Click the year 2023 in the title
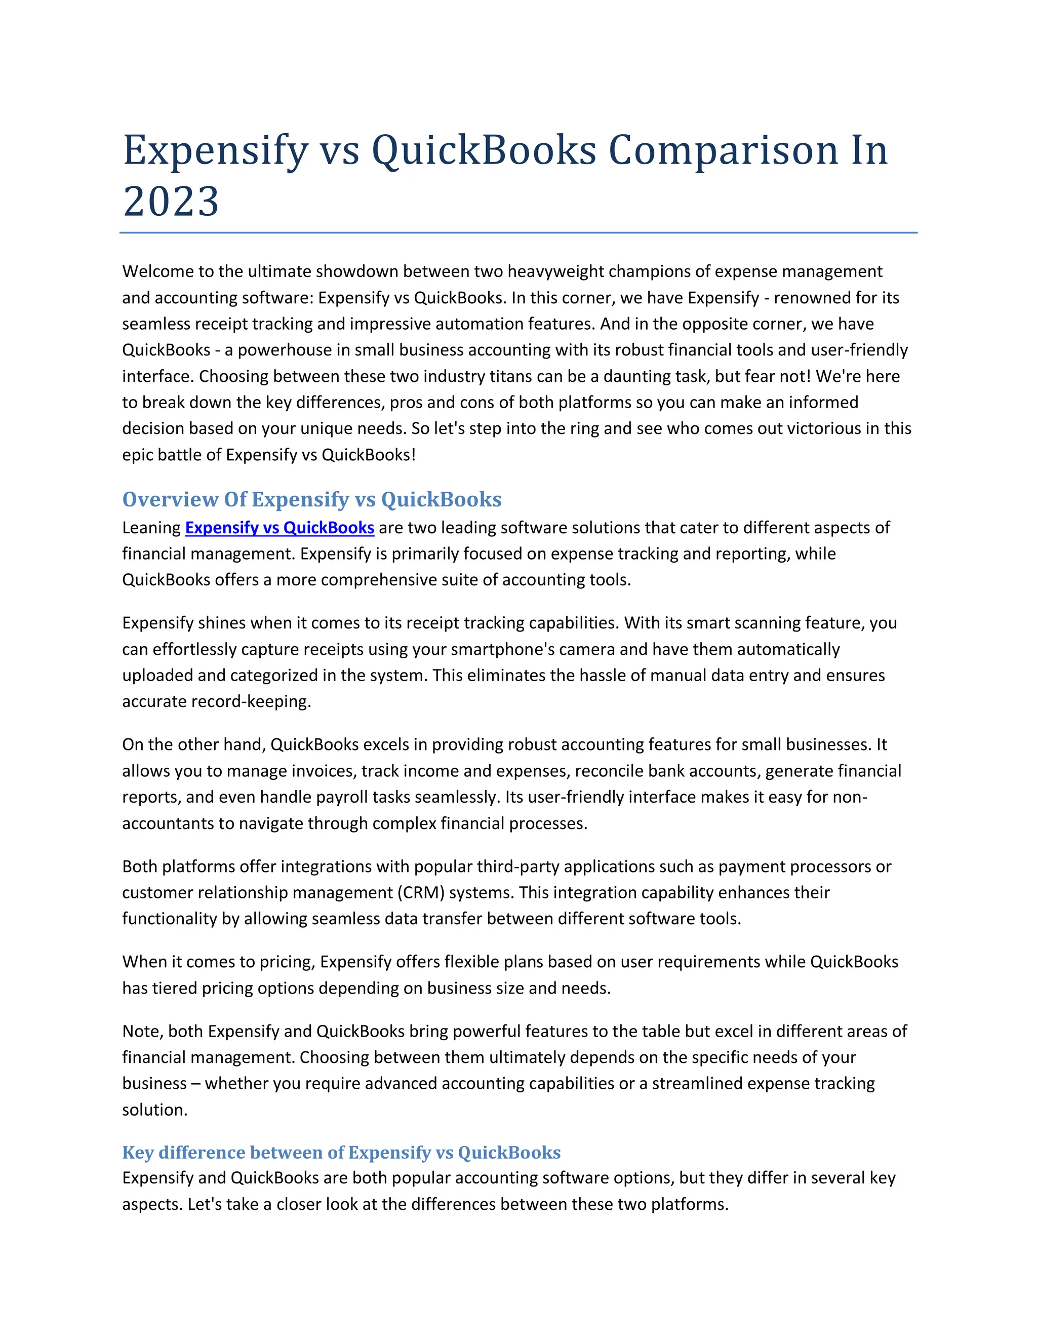tap(171, 202)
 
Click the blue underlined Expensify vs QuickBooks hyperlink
tap(280, 528)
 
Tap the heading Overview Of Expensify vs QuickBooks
tap(311, 499)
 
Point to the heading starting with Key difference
tap(341, 1152)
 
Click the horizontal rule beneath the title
tap(518, 233)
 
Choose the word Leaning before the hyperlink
tap(151, 528)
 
